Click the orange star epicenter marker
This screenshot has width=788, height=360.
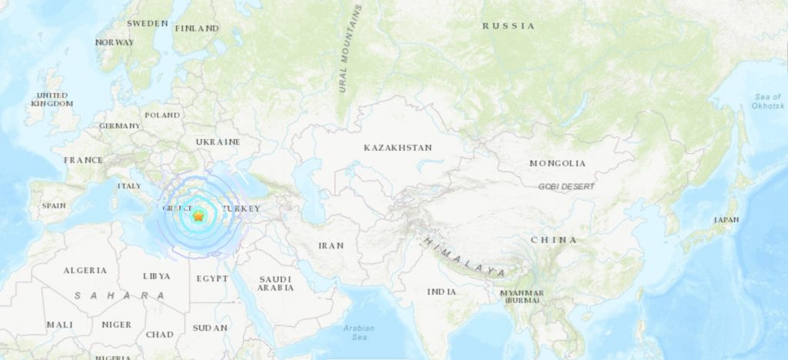(x=199, y=217)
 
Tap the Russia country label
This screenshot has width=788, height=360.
(x=508, y=26)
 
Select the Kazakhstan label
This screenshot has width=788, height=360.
(x=398, y=147)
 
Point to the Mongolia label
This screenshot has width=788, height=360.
(x=557, y=163)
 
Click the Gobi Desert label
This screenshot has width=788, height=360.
(x=559, y=186)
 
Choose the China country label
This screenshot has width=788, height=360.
(x=553, y=240)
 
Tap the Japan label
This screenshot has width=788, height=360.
(x=726, y=220)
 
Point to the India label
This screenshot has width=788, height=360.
(x=442, y=292)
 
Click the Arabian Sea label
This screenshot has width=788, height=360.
(x=360, y=332)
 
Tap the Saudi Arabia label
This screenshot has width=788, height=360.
(x=275, y=283)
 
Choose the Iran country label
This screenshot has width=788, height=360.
(x=331, y=245)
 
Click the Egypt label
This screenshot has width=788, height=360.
(x=212, y=278)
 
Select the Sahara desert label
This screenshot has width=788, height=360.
(x=119, y=295)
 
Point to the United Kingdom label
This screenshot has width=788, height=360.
(x=53, y=99)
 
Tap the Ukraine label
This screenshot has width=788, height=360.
(x=218, y=142)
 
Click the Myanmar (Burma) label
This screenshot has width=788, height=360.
(x=522, y=296)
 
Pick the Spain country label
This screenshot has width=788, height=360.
(x=54, y=206)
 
